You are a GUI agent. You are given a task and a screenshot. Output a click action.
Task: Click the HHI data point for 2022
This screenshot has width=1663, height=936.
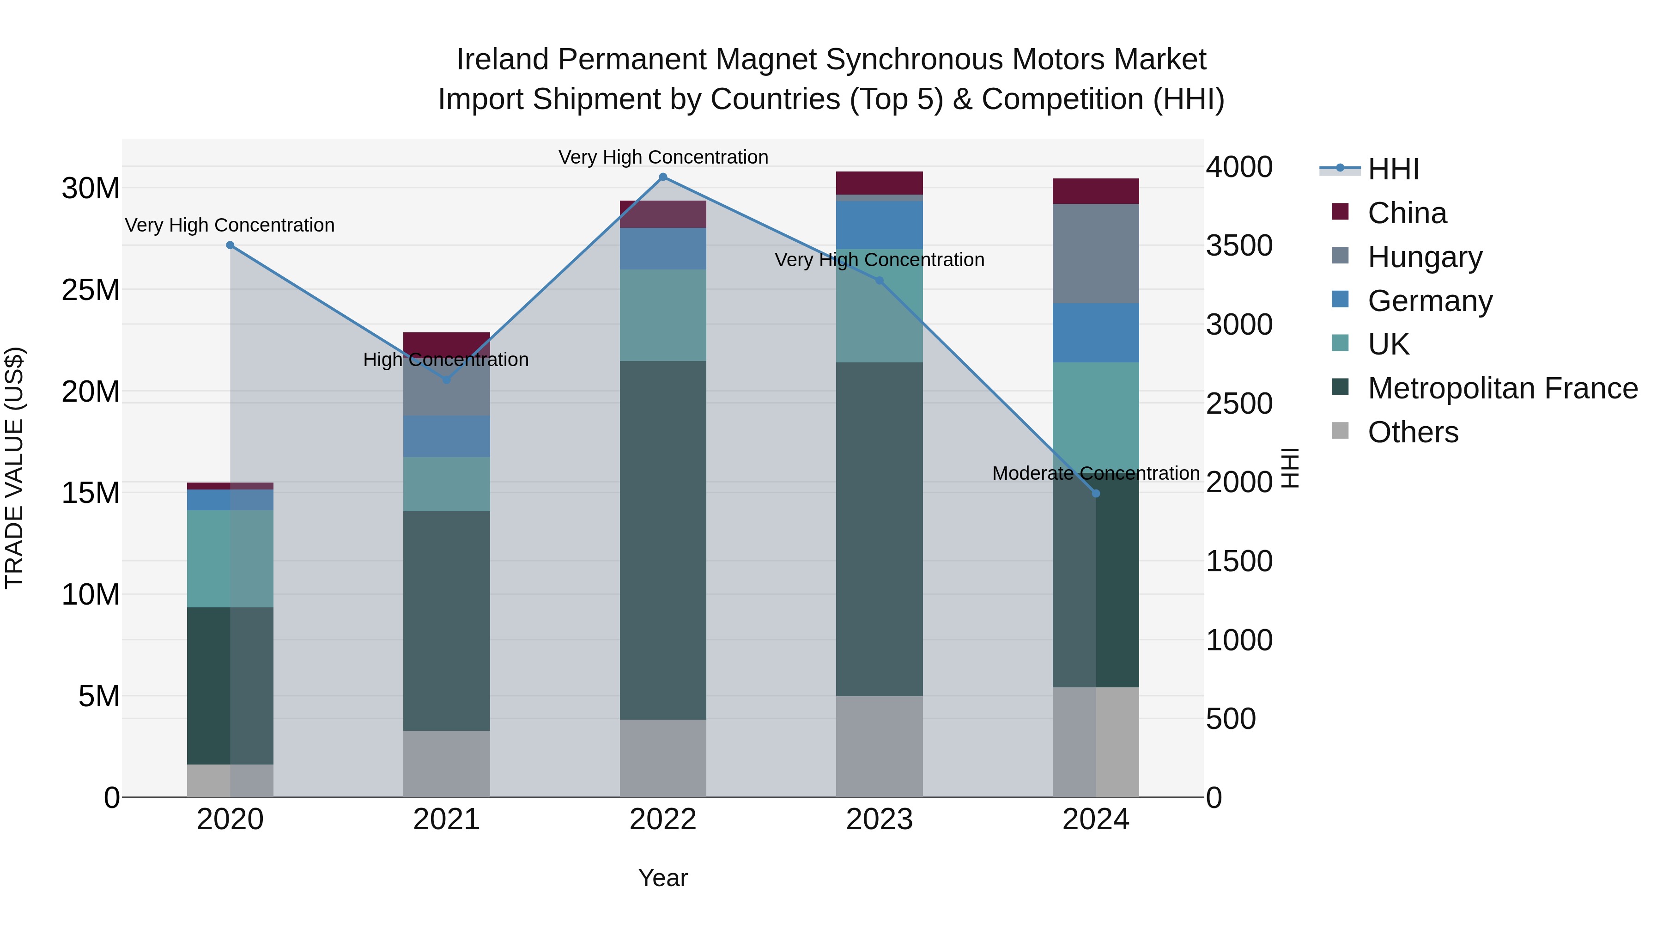[x=662, y=177]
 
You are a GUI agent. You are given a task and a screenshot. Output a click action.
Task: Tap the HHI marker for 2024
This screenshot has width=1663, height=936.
[x=1096, y=494]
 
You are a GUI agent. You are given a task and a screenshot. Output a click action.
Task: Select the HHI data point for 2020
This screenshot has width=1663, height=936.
[x=230, y=245]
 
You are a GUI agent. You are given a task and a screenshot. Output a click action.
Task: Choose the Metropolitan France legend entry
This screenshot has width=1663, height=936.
[x=1502, y=389]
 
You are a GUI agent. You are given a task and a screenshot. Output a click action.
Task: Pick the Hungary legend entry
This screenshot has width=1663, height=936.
[x=1424, y=257]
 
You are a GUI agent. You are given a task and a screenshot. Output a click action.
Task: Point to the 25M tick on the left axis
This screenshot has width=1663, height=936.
[x=91, y=290]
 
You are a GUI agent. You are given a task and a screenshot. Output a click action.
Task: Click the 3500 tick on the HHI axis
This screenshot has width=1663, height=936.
[x=1239, y=245]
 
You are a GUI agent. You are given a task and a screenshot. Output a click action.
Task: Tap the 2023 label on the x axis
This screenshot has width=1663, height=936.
[x=879, y=820]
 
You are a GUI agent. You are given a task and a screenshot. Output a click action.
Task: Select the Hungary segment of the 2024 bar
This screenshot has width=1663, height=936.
[x=1096, y=253]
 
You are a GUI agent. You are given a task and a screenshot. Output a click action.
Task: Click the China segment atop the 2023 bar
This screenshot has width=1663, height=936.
[x=879, y=183]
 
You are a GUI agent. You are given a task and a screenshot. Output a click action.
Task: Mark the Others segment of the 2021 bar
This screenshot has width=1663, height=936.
[x=446, y=764]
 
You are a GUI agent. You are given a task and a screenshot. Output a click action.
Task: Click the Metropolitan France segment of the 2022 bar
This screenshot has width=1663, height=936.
[x=662, y=539]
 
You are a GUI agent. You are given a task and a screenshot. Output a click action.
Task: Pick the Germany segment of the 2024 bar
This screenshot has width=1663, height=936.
[x=1096, y=333]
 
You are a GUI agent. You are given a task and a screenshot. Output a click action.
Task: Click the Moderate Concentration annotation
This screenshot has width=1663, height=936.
[x=1096, y=473]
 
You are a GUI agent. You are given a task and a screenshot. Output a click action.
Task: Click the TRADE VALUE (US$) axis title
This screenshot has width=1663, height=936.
[x=14, y=468]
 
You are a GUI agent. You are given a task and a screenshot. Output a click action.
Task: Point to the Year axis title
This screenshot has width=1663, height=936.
[x=662, y=878]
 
